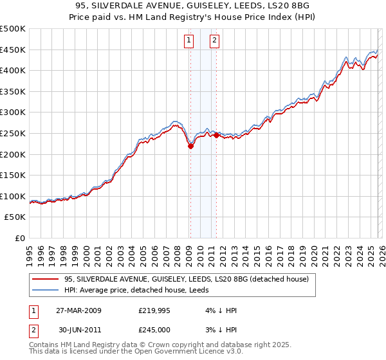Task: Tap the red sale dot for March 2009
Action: (190, 146)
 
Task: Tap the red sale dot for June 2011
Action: (216, 135)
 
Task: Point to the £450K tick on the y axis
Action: (13, 50)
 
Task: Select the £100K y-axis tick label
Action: (13, 196)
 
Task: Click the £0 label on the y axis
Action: (19, 238)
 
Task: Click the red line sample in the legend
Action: (46, 279)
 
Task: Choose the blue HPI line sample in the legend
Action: (46, 290)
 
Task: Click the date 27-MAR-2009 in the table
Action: (78, 310)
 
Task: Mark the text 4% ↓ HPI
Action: (222, 310)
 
